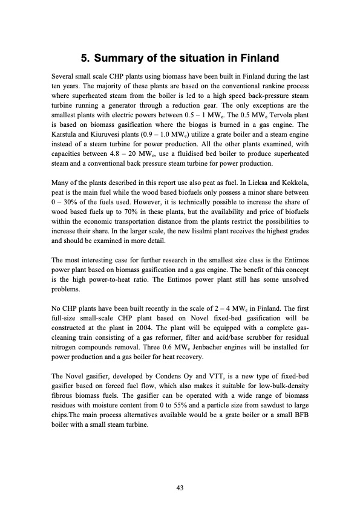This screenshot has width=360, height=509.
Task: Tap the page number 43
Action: [180, 488]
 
